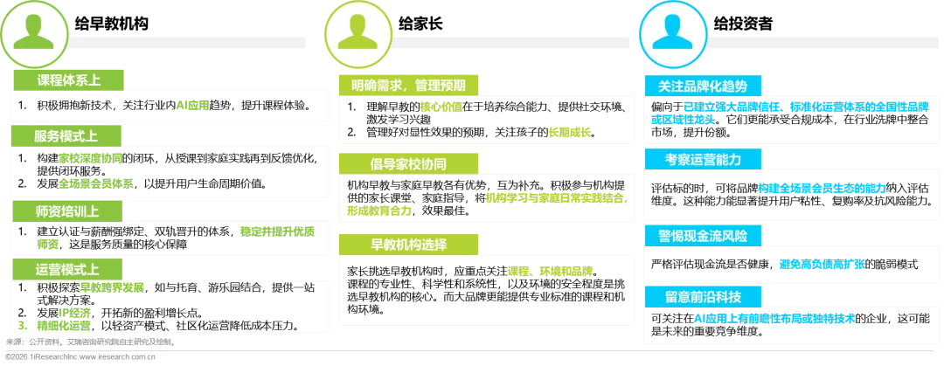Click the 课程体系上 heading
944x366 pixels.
tap(67, 80)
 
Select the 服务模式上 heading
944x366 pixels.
tap(67, 136)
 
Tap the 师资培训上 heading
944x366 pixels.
tap(67, 211)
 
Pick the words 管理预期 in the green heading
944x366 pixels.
tap(447, 86)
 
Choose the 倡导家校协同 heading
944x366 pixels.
tap(408, 163)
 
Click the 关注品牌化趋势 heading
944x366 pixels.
tap(703, 86)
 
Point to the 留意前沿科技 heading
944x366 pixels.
tap(703, 295)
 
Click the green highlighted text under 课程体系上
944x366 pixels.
tap(192, 106)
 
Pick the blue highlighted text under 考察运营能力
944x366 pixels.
tap(822, 188)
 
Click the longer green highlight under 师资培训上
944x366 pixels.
tap(276, 231)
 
